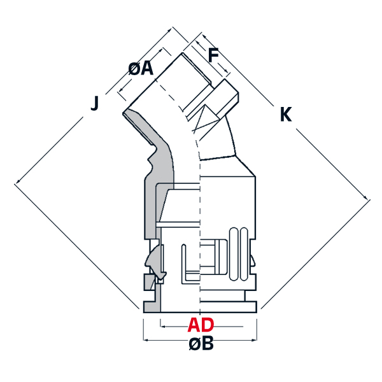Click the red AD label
coord(201,325)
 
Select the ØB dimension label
coord(201,343)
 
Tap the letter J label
coord(95,103)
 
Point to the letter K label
coord(286,114)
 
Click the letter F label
coord(213,55)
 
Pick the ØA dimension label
coord(141,69)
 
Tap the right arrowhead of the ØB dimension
coord(254,340)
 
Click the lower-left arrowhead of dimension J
coord(18,181)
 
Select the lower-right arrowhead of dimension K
coord(365,197)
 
